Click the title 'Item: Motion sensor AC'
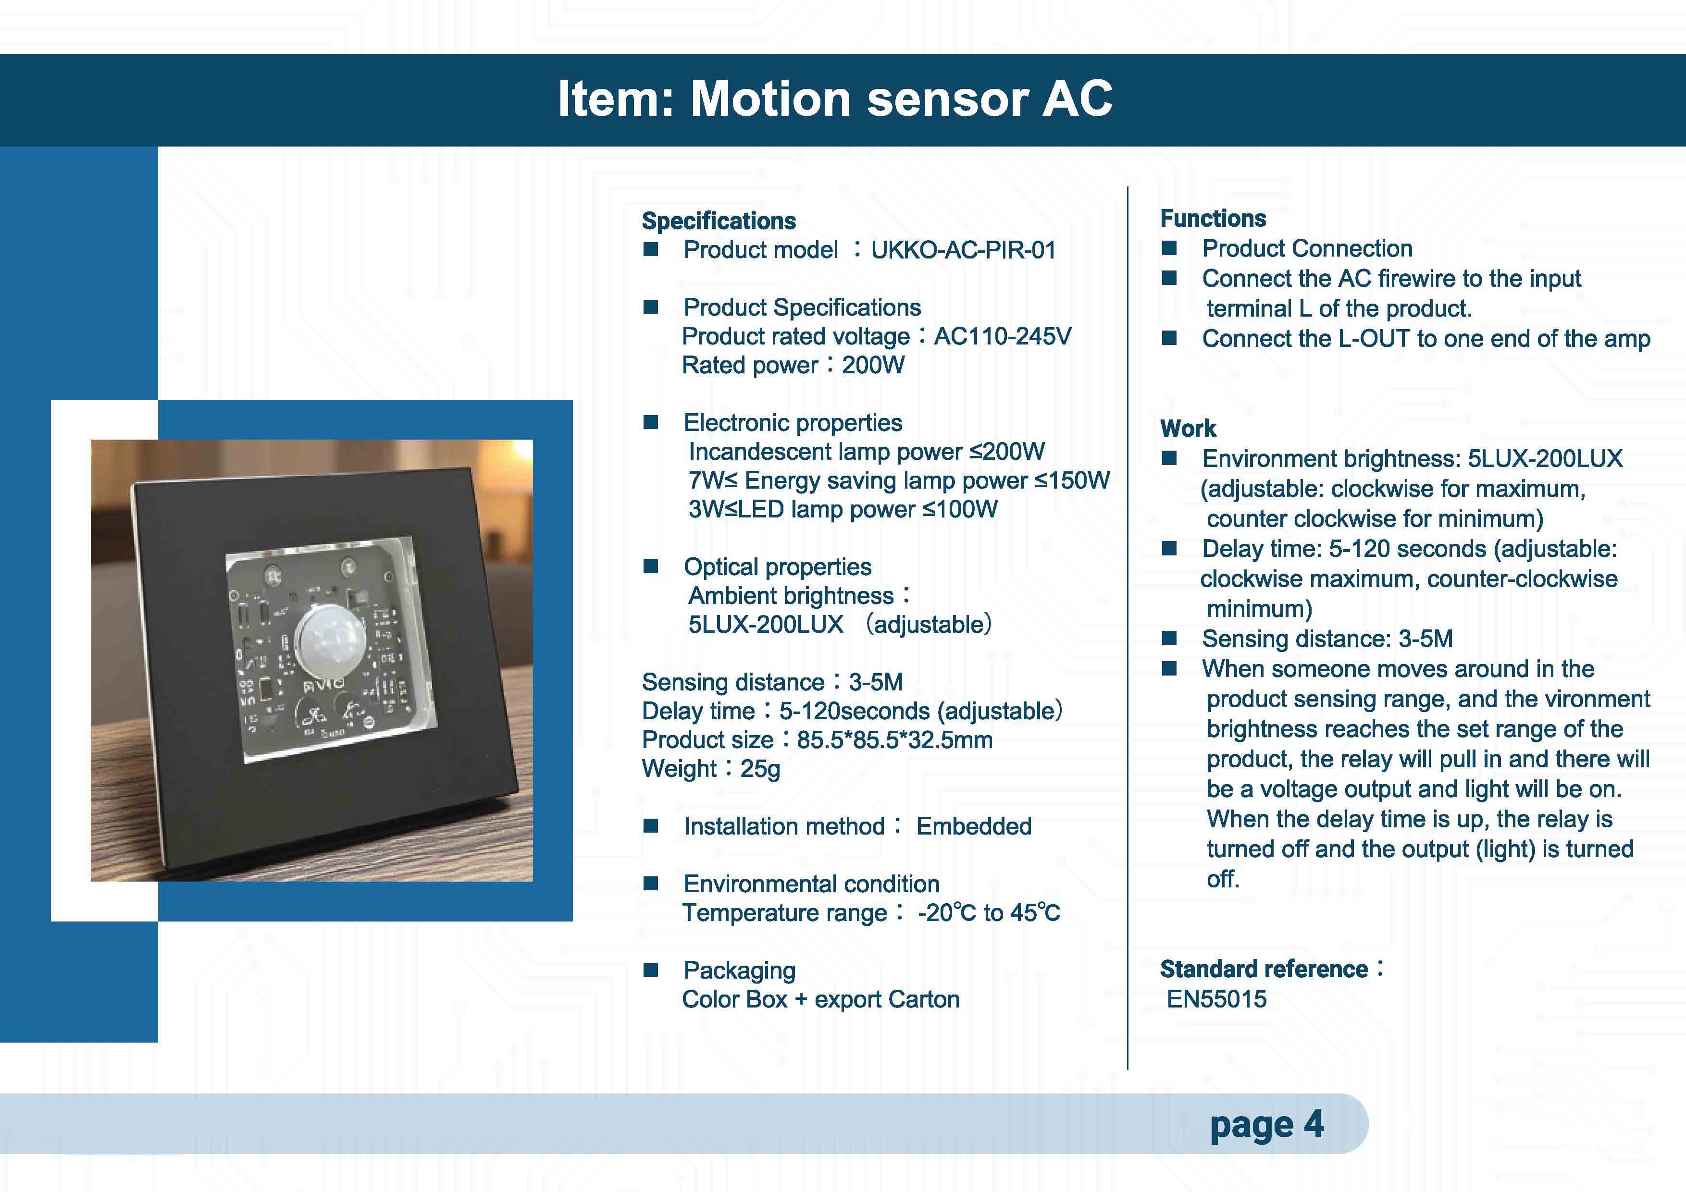tap(835, 98)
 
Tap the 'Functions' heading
tap(1213, 219)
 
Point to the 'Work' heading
tap(1188, 429)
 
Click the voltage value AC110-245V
tap(1003, 336)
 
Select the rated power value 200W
tap(873, 365)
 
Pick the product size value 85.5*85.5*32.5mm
tap(894, 740)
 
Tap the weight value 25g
tap(760, 769)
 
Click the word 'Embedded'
tap(974, 826)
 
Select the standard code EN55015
tap(1217, 999)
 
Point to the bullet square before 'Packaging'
tap(651, 970)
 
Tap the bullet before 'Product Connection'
tap(1170, 248)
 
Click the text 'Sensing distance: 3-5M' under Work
tap(1327, 639)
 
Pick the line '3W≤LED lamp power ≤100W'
tap(843, 509)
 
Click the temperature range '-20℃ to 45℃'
tap(989, 912)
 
